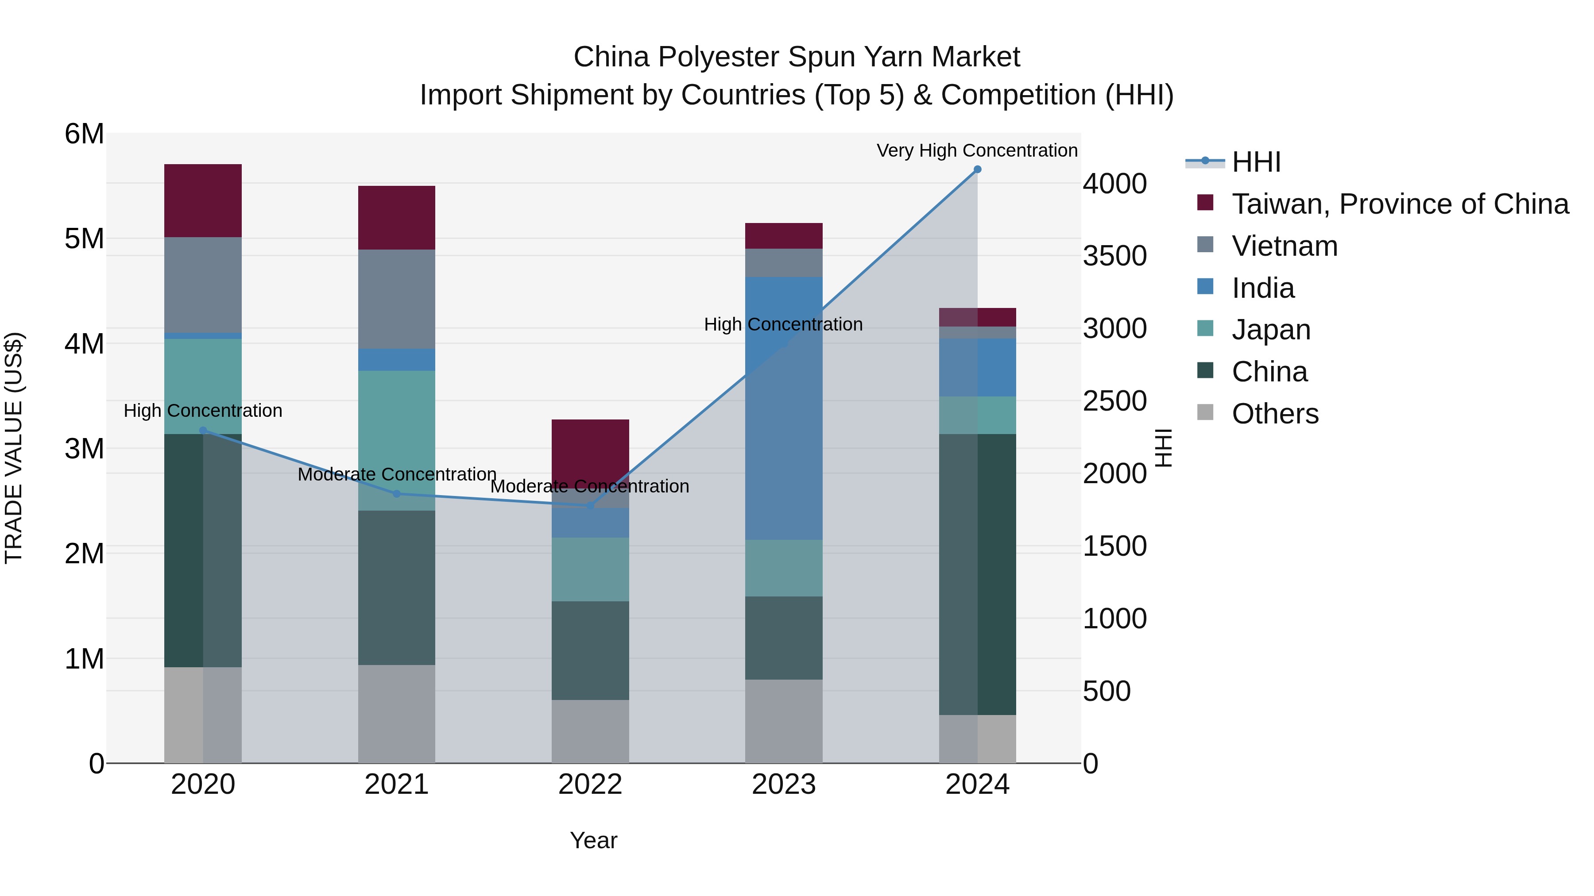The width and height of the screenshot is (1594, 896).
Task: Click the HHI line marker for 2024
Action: pyautogui.click(x=977, y=169)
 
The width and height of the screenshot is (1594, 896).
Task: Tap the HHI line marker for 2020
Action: pyautogui.click(x=203, y=431)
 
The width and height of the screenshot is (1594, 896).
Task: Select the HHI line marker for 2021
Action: pyautogui.click(x=397, y=493)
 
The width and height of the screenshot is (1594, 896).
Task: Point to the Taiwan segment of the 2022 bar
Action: pyautogui.click(x=590, y=448)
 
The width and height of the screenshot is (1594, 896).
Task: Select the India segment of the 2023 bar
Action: pyautogui.click(x=783, y=408)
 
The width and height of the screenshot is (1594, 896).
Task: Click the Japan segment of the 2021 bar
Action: pyautogui.click(x=397, y=440)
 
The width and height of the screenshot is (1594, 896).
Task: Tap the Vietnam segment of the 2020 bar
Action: pyautogui.click(x=203, y=285)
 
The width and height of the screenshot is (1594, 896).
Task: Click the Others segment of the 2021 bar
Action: pyautogui.click(x=397, y=714)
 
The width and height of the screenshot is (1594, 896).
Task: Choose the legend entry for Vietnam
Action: pyautogui.click(x=1284, y=246)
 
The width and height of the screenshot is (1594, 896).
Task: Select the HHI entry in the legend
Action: pyautogui.click(x=1256, y=162)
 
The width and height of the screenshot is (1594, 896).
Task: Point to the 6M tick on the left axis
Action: pyautogui.click(x=84, y=134)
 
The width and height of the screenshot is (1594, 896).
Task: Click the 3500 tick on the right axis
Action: pyautogui.click(x=1114, y=256)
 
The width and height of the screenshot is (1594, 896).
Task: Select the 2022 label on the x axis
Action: pyautogui.click(x=590, y=784)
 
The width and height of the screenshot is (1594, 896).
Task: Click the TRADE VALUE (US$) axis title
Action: pyautogui.click(x=14, y=448)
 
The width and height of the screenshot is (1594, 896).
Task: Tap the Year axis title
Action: pyautogui.click(x=593, y=840)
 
